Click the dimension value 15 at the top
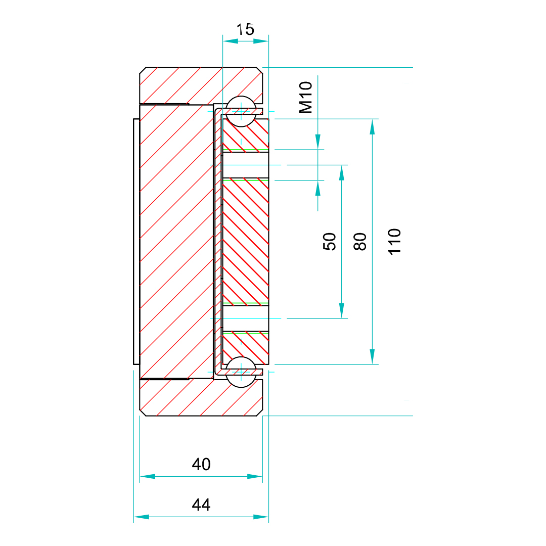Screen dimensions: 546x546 click(x=246, y=29)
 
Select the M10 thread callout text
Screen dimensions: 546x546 click(x=306, y=98)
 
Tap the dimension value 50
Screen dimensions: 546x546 click(x=329, y=242)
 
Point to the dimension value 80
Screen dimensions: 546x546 click(x=359, y=242)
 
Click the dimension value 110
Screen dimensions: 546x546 click(x=395, y=242)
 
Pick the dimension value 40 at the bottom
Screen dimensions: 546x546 click(x=201, y=464)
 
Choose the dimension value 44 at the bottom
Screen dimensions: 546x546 click(x=201, y=504)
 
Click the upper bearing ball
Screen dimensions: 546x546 click(x=241, y=111)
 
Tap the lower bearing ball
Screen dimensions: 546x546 click(x=241, y=372)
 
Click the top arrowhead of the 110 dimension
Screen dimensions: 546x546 click(x=373, y=126)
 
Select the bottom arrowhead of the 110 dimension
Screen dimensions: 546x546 click(x=373, y=356)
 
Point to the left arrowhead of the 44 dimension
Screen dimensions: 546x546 click(x=142, y=517)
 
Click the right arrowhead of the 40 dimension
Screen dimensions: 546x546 click(x=255, y=476)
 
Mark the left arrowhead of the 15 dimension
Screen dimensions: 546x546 click(x=231, y=41)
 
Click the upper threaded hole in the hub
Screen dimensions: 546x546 click(x=245, y=165)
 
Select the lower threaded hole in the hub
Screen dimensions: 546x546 click(x=245, y=318)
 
